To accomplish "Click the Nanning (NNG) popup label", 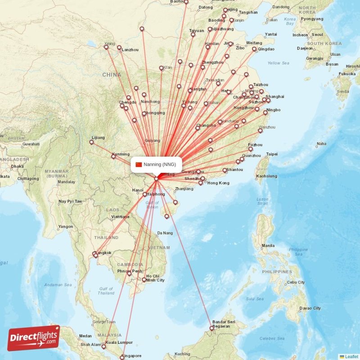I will [160, 164].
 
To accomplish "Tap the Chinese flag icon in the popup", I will [139, 164].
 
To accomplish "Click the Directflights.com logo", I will [34, 338].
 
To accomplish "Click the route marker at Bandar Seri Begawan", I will [211, 321].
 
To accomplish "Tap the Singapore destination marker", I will [122, 357].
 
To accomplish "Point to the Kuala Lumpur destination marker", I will [104, 346].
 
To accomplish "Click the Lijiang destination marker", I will [91, 142].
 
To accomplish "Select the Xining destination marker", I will [106, 47].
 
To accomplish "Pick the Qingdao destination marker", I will [254, 49].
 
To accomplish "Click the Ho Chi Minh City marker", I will [144, 280].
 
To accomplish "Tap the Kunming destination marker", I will [113, 157].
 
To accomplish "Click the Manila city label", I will [268, 246].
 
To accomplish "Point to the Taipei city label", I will [272, 154].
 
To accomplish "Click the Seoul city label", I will [317, 35].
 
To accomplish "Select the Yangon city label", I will [65, 226].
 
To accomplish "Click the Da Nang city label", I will [165, 233].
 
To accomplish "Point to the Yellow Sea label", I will [278, 63].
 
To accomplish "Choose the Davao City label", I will [310, 308].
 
